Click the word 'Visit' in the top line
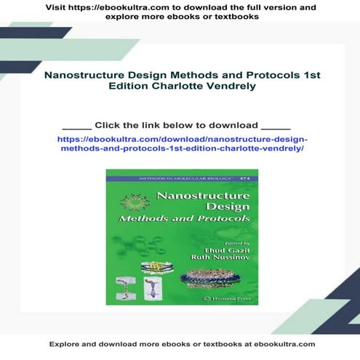59,7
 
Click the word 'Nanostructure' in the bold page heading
82,75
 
